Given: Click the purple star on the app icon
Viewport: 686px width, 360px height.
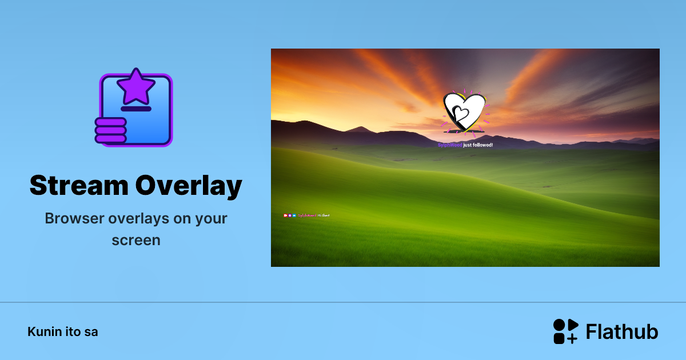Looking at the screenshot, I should click(x=136, y=86).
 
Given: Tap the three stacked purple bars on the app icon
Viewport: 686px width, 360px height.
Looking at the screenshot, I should click(x=110, y=130).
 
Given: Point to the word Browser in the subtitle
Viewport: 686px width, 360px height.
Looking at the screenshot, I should click(x=73, y=218).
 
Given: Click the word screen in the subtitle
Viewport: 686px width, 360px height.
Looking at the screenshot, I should click(x=136, y=240).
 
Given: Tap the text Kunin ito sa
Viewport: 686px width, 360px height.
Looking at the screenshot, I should click(x=63, y=331).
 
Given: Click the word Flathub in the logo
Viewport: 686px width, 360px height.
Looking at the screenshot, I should click(x=622, y=331).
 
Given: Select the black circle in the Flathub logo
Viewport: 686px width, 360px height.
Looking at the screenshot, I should click(x=559, y=325).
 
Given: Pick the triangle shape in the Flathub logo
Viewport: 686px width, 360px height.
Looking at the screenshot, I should click(x=573, y=325).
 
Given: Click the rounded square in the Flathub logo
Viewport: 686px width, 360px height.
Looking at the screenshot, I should click(x=559, y=338).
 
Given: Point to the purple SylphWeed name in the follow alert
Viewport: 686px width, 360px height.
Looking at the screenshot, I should click(x=450, y=145).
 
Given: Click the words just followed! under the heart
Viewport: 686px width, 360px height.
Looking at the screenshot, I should click(x=478, y=145).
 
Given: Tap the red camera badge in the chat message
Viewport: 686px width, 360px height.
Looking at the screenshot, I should click(x=285, y=215).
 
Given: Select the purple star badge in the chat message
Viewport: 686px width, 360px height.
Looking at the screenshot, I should click(x=290, y=215).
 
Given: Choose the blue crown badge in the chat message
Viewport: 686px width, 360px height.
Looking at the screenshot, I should click(x=294, y=215).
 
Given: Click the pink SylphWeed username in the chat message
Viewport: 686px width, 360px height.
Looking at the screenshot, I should click(x=308, y=215).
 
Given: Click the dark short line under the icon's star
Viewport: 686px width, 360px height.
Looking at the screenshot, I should click(x=136, y=109).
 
